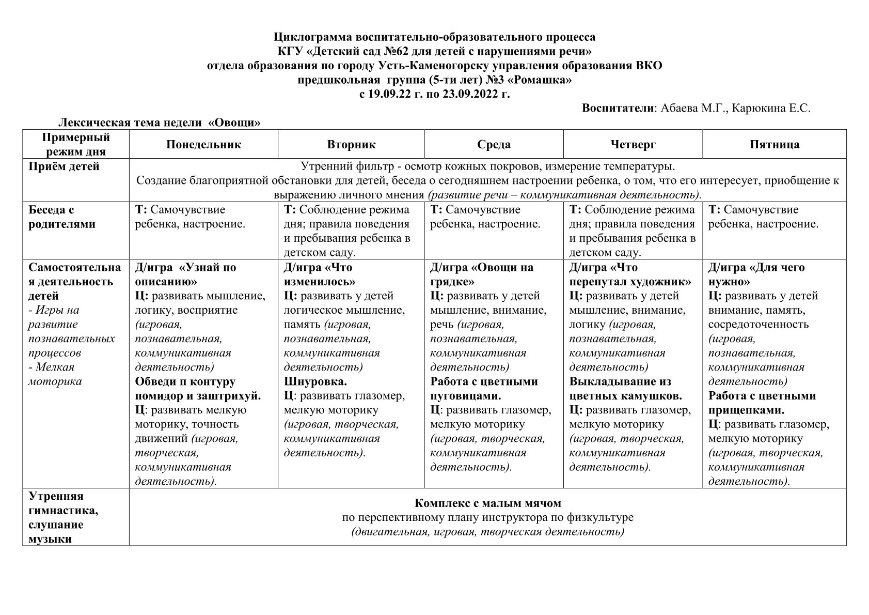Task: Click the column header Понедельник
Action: pos(203,144)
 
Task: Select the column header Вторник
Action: pos(351,144)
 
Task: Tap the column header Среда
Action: pos(494,144)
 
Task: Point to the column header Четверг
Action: pos(633,144)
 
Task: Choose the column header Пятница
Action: pos(774,144)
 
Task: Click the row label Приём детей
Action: pos(64,166)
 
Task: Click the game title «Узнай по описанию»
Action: pos(186,274)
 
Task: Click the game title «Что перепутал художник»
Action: pos(630,274)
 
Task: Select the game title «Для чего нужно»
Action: pos(756,274)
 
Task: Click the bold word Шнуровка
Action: pos(315,381)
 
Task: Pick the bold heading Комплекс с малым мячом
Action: pos(487,503)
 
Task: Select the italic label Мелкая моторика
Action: pos(54,374)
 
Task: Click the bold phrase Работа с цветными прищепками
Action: pos(762,403)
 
